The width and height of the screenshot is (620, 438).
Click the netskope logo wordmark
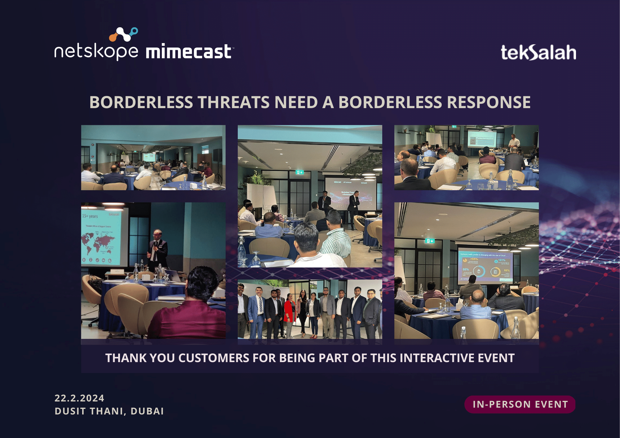(x=96, y=51)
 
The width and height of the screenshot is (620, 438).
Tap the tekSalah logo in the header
(x=538, y=52)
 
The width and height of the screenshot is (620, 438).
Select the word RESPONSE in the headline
(x=489, y=102)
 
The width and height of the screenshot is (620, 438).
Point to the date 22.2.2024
(x=79, y=398)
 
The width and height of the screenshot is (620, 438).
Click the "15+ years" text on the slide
(x=90, y=216)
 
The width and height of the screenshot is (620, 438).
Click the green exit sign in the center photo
(x=299, y=172)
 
